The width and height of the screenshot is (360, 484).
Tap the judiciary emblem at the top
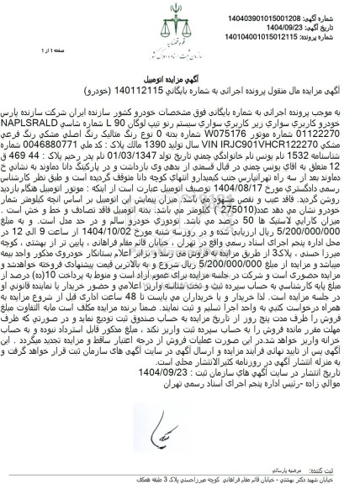tap(180, 22)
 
